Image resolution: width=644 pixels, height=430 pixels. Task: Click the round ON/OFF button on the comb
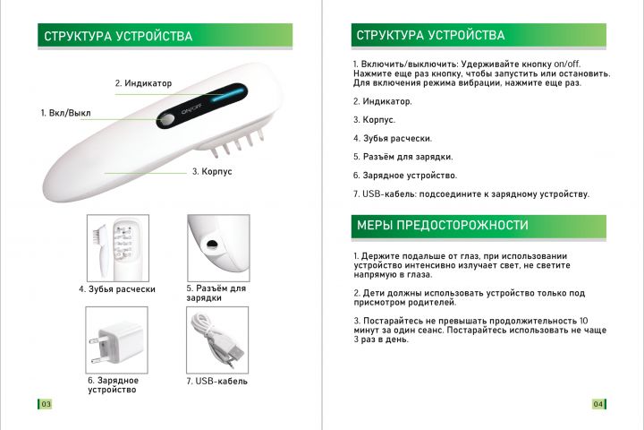click(166, 120)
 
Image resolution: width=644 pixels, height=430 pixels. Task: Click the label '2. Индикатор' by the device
click(143, 83)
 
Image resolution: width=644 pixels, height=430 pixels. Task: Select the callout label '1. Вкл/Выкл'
click(65, 113)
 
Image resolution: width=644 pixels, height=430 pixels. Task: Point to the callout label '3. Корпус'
click(212, 171)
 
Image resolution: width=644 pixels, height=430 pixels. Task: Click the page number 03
click(46, 404)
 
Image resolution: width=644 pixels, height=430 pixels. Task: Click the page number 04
click(598, 404)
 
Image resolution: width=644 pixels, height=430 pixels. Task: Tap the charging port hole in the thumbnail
click(212, 244)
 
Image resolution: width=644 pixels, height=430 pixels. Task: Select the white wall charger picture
click(116, 340)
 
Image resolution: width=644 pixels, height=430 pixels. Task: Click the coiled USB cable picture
click(217, 340)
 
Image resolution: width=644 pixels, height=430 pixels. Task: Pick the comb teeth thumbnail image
click(118, 248)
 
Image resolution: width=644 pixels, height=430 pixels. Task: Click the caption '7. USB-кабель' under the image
click(216, 382)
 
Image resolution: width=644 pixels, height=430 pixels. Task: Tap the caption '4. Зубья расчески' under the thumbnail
click(117, 289)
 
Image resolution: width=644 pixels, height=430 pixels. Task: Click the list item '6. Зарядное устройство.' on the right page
click(405, 176)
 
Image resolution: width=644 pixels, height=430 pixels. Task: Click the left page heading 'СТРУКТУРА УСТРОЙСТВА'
click(118, 36)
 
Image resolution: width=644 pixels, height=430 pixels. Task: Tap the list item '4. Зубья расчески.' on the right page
click(393, 139)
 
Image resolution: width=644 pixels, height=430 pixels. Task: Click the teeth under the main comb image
click(236, 142)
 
